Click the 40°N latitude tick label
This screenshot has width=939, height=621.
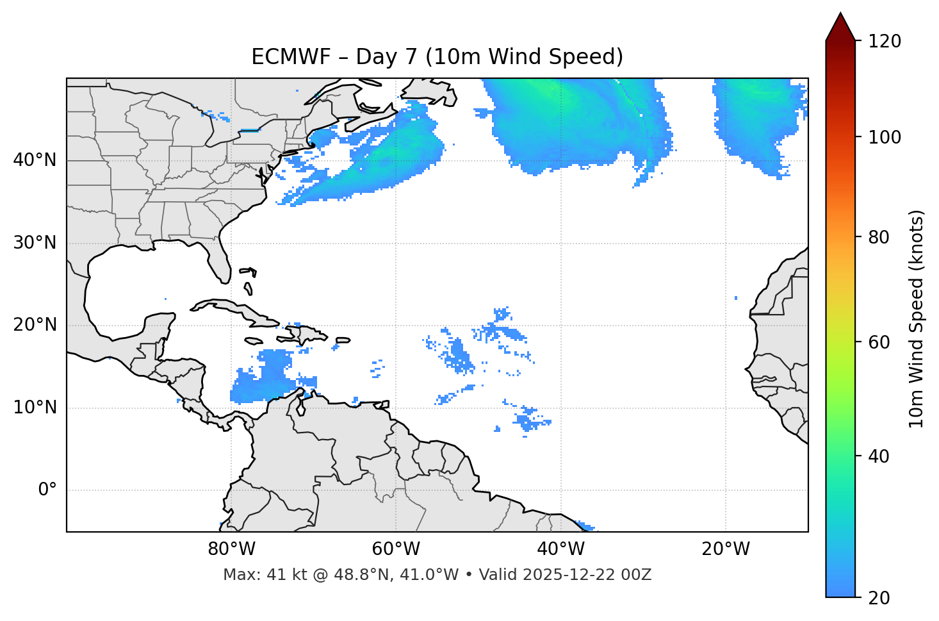(x=35, y=160)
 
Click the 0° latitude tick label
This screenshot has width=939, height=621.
(x=47, y=490)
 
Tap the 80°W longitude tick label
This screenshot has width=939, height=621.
(x=231, y=549)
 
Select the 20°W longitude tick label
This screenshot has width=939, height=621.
(x=726, y=549)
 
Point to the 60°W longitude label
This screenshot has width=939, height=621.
(x=396, y=549)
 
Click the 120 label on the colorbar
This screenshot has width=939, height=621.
(x=885, y=42)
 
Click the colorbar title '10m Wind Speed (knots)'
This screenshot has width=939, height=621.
(x=917, y=319)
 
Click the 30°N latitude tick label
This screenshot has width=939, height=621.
(x=35, y=243)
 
